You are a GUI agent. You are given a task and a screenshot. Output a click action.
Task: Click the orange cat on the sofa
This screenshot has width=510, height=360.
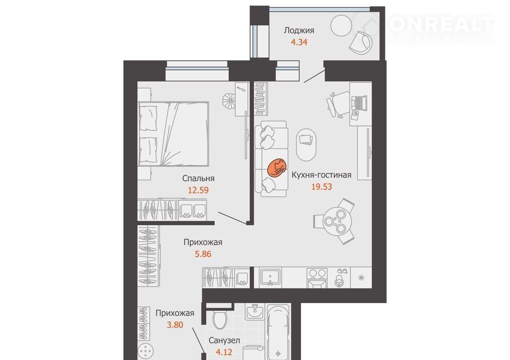[x=277, y=168]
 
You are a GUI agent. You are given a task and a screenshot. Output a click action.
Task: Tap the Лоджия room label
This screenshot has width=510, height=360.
[x=299, y=31]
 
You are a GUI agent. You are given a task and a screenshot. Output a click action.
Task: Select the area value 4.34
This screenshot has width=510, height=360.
[x=299, y=42]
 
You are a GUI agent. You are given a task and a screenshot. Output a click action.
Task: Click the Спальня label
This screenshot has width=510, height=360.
[x=198, y=178]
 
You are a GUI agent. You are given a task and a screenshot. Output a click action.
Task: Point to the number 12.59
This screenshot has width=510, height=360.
[x=198, y=190]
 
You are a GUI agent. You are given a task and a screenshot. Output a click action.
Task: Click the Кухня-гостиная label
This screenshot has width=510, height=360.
[x=321, y=175]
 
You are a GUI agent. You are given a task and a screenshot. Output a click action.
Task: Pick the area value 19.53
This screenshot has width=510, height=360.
[x=321, y=187]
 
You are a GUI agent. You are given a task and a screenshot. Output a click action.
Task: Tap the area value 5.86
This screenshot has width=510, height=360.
[x=203, y=254]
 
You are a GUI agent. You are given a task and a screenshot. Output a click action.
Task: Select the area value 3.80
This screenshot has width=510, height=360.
[x=175, y=324]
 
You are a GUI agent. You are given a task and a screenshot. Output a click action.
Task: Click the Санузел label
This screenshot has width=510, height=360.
[x=224, y=340]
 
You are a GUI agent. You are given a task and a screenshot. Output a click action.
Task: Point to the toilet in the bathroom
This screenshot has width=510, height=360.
[x=221, y=316]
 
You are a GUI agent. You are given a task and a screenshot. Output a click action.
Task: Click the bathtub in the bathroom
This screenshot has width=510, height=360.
[x=278, y=332]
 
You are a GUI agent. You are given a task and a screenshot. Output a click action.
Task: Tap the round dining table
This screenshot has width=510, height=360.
[x=337, y=222]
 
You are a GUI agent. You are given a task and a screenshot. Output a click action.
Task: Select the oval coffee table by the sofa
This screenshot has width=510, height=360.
[x=306, y=144]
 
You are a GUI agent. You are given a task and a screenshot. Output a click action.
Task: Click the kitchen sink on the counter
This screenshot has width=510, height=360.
[x=270, y=278]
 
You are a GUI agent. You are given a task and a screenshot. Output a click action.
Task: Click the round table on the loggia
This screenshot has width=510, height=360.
[x=341, y=26]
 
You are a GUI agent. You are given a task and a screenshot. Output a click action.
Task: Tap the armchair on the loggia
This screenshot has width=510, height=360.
[x=361, y=42]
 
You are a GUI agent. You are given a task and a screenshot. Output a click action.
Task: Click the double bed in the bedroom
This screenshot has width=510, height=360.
[x=174, y=134]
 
